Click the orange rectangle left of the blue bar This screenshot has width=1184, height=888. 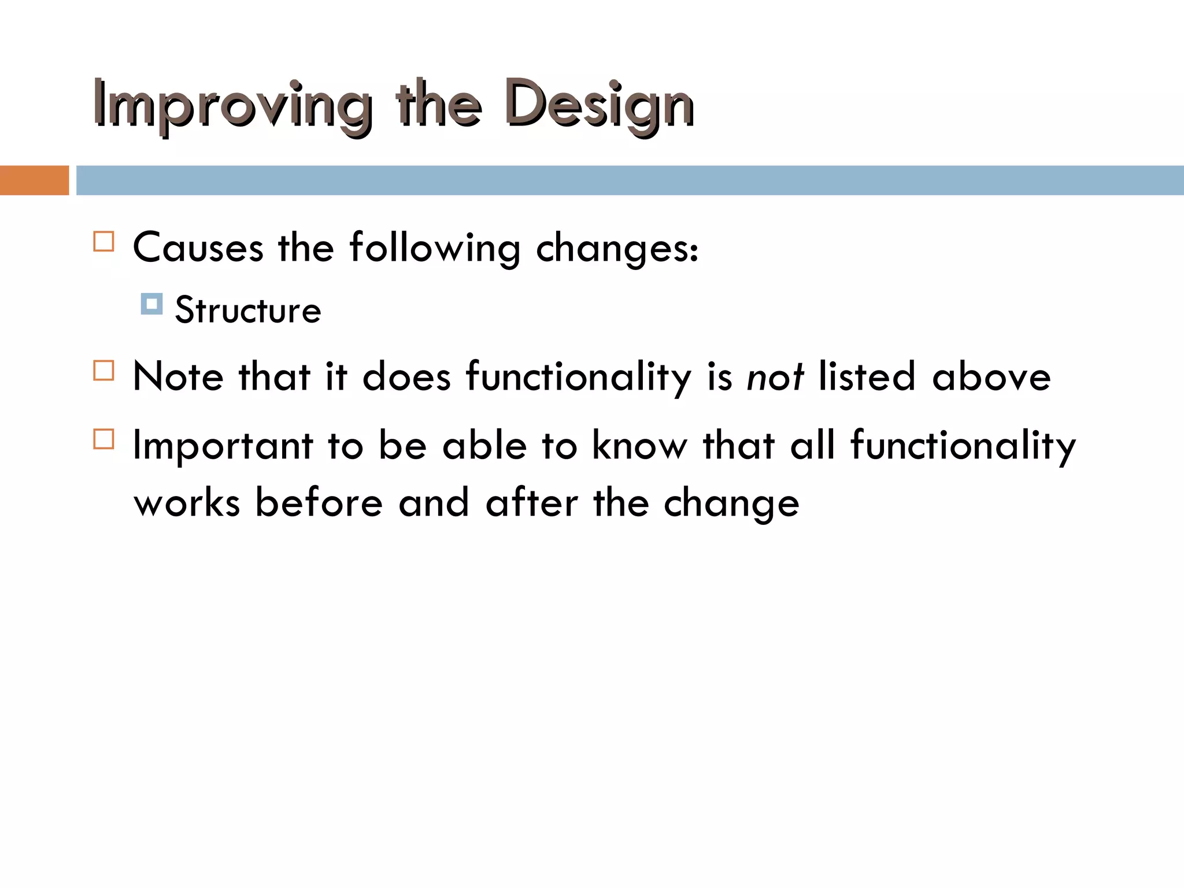(x=34, y=180)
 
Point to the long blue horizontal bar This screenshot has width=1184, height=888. (x=630, y=180)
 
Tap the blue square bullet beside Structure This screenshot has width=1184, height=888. (x=151, y=304)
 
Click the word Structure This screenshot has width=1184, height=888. (x=247, y=310)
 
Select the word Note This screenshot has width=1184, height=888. (x=178, y=377)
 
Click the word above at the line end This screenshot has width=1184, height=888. (x=991, y=377)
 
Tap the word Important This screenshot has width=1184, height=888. (x=223, y=446)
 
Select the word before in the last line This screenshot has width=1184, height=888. (x=319, y=502)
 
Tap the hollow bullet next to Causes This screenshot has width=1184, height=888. (x=103, y=241)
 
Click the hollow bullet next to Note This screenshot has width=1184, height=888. (x=103, y=370)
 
